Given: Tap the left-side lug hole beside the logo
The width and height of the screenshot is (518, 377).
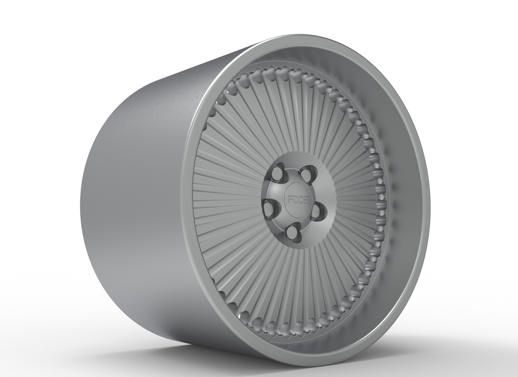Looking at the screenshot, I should click(x=269, y=206).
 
